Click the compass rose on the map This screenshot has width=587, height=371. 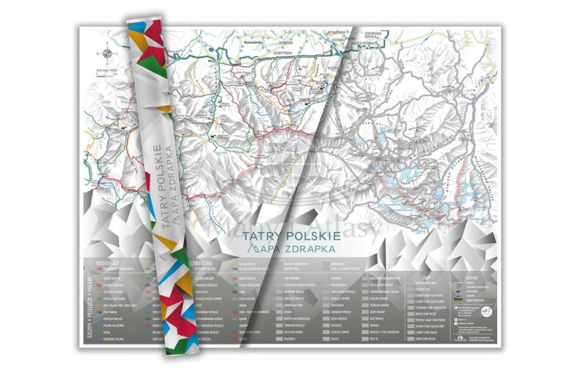107,55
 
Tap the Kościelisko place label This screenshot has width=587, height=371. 260,36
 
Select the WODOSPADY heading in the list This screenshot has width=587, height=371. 106,264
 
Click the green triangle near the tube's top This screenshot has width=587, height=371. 153,66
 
